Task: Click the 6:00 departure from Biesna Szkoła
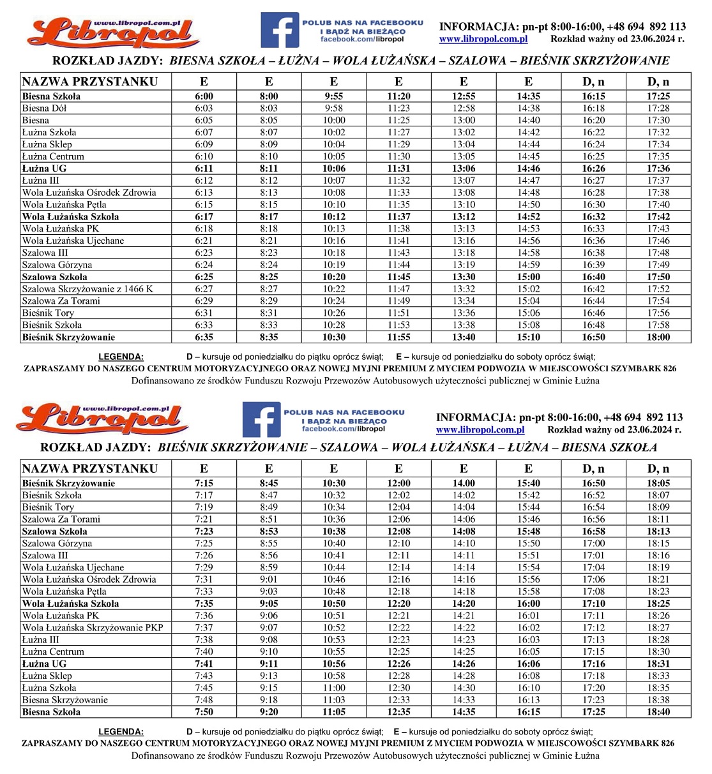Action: (x=204, y=96)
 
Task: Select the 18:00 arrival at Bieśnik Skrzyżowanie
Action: (x=658, y=337)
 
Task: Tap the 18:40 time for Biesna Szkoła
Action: (x=658, y=711)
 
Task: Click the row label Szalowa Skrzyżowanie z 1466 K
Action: (x=87, y=288)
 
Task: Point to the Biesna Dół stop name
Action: (x=44, y=108)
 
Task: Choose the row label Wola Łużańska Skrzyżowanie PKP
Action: (x=93, y=627)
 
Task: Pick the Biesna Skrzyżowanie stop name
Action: (x=64, y=699)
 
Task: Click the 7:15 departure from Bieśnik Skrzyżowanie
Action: (x=204, y=484)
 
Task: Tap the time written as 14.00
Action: (x=464, y=484)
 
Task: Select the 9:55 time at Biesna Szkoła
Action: (x=333, y=96)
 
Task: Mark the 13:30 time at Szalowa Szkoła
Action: (x=464, y=277)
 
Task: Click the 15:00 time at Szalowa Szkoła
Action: (x=529, y=277)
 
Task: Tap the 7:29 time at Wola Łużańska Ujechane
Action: (x=204, y=567)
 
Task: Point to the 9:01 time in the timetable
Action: (x=269, y=579)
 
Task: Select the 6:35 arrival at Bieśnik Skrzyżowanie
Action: (x=204, y=337)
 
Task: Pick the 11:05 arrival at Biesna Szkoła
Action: (x=333, y=711)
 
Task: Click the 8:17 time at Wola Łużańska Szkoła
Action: (x=269, y=216)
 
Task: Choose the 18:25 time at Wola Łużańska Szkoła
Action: (x=658, y=603)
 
